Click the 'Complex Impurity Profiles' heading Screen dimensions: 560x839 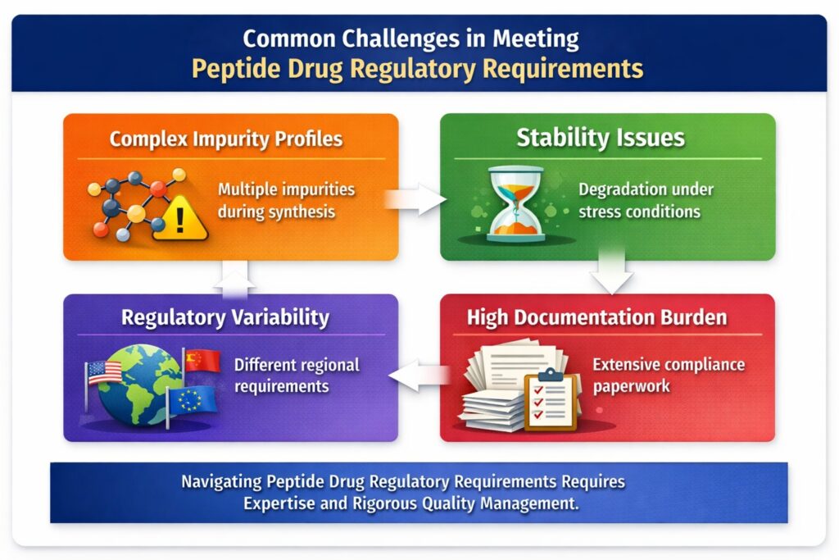point(226,138)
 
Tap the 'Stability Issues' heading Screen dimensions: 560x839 point(600,138)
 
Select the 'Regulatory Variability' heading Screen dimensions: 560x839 point(225,317)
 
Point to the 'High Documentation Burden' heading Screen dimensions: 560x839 point(596,318)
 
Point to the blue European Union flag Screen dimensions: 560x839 point(192,401)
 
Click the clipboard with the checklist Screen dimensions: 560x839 point(551,399)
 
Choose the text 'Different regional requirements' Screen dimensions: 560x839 point(296,375)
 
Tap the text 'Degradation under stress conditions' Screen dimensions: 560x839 point(645,200)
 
